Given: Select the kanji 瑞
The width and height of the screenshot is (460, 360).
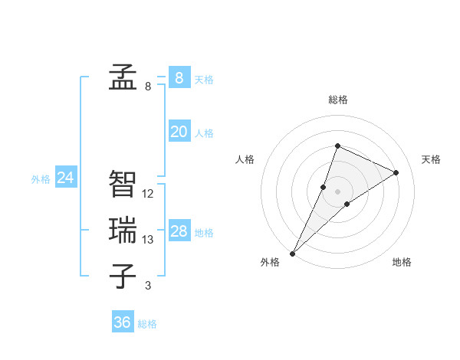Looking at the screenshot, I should click(x=123, y=230).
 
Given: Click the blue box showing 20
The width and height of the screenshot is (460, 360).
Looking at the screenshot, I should click(x=179, y=132).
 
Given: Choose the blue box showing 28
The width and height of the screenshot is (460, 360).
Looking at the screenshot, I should click(x=179, y=231).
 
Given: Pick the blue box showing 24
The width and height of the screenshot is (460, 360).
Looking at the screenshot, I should click(x=65, y=178).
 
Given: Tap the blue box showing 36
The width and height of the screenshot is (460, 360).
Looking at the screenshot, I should click(x=122, y=322).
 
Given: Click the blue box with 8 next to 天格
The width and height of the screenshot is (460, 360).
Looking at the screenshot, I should click(x=179, y=78).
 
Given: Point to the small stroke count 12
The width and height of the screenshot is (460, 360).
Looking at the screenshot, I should click(x=148, y=194).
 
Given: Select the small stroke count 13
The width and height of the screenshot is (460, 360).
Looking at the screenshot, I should click(x=148, y=240).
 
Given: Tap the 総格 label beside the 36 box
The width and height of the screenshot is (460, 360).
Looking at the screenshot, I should click(x=147, y=324).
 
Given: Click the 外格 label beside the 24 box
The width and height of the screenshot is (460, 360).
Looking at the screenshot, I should click(x=41, y=179).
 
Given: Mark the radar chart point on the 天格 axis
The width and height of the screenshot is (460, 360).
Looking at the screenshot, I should click(x=396, y=172).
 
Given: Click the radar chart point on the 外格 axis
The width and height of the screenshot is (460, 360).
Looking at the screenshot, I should click(x=293, y=253).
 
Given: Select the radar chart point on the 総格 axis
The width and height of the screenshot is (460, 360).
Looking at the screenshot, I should click(x=337, y=146).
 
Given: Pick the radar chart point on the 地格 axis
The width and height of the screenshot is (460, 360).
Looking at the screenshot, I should click(x=347, y=204).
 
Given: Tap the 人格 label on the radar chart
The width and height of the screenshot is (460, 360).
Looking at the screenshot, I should click(x=245, y=159).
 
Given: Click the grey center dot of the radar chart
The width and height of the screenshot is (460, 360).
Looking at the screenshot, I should click(x=337, y=191).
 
